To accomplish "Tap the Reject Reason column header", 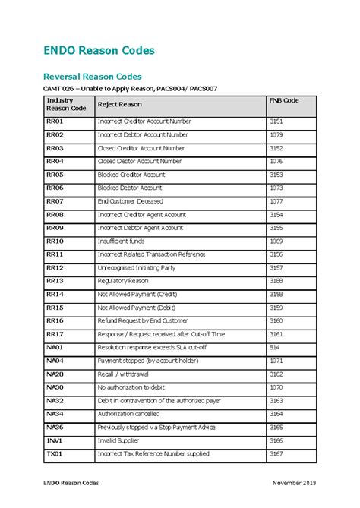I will pos(120,104).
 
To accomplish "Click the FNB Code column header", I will pos(284,100).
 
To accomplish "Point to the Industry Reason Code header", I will pos(66,104).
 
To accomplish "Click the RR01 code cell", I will pos(55,121).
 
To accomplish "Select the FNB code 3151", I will pos(276,121).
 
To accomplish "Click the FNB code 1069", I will pos(276,241).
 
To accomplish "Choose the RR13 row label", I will pos(55,281).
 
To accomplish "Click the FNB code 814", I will pos(274,348).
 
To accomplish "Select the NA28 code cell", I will pos(55,374).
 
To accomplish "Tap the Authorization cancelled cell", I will pos(129,415).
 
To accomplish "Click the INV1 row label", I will pos(54,441).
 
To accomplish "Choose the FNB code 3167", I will pos(276,454).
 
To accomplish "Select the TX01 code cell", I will pos(54,454).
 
